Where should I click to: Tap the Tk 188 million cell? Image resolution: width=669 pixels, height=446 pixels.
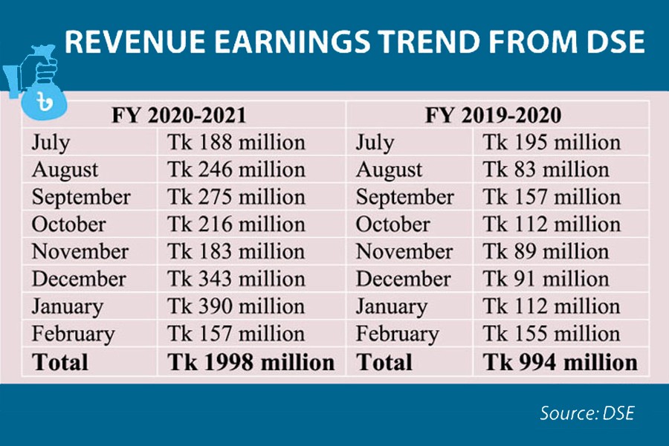tap(236, 143)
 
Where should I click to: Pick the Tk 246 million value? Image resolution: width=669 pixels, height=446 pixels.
tap(236, 170)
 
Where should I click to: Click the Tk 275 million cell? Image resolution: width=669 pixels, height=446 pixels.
tap(236, 198)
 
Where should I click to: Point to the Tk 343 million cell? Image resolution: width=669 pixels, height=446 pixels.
tap(236, 279)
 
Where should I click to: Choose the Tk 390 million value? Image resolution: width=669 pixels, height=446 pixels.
tap(236, 307)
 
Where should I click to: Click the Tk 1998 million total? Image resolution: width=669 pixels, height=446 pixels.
tap(251, 362)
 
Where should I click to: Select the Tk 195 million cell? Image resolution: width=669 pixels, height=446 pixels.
tap(552, 143)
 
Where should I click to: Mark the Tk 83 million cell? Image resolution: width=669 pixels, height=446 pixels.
tap(546, 170)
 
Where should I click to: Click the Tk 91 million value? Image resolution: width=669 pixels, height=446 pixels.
tap(546, 279)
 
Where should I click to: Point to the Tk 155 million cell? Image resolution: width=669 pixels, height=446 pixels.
tap(552, 334)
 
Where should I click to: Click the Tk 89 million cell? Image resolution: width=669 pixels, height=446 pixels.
tap(546, 252)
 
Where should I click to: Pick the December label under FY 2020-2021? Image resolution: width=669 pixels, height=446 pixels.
tap(79, 279)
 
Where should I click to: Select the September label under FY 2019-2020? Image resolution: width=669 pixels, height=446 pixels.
tap(404, 198)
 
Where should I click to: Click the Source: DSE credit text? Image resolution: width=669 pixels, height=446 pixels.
tap(587, 413)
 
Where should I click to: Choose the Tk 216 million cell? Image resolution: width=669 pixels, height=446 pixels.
tap(236, 224)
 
